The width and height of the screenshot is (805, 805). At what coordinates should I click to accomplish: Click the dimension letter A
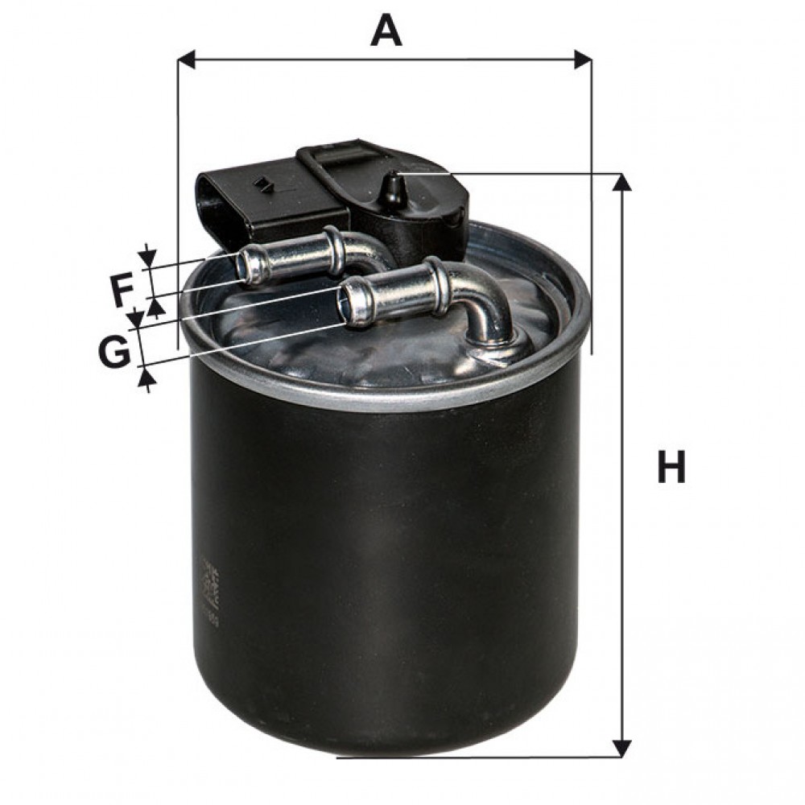click(386, 31)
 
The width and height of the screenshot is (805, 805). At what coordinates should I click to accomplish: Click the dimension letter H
click(671, 468)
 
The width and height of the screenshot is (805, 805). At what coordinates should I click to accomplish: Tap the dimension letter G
click(114, 351)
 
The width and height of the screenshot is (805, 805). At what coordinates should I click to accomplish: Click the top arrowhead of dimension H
click(621, 183)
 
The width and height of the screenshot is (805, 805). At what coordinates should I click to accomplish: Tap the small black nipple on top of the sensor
click(393, 189)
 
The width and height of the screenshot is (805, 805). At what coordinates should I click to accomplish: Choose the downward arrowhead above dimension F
click(147, 257)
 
